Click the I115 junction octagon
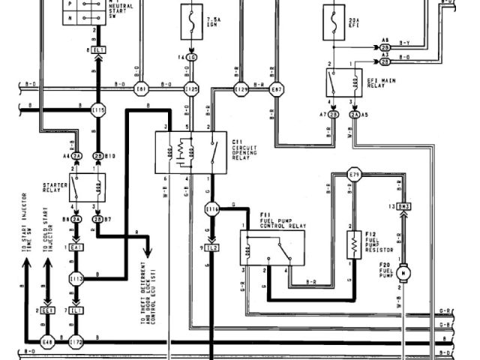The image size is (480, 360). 97,109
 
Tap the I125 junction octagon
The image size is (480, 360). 191,90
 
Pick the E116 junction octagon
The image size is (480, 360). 211,211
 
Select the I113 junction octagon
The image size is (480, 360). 76,277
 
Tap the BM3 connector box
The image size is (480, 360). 403,205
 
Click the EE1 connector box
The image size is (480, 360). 48,309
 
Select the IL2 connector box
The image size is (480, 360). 212,247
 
